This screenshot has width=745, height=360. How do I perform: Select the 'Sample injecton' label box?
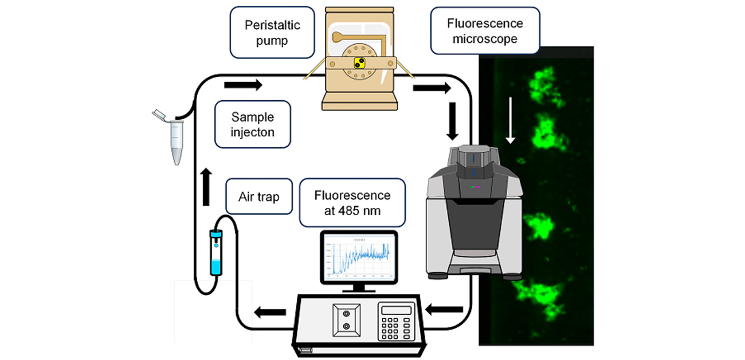[253, 125]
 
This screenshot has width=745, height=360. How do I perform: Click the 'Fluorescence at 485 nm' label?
[352, 202]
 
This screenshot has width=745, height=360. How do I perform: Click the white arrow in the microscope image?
[511, 127]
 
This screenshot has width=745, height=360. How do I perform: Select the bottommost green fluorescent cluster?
[539, 295]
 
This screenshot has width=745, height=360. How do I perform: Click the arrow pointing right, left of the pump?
[243, 85]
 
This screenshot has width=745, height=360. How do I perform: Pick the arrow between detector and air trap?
[270, 312]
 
